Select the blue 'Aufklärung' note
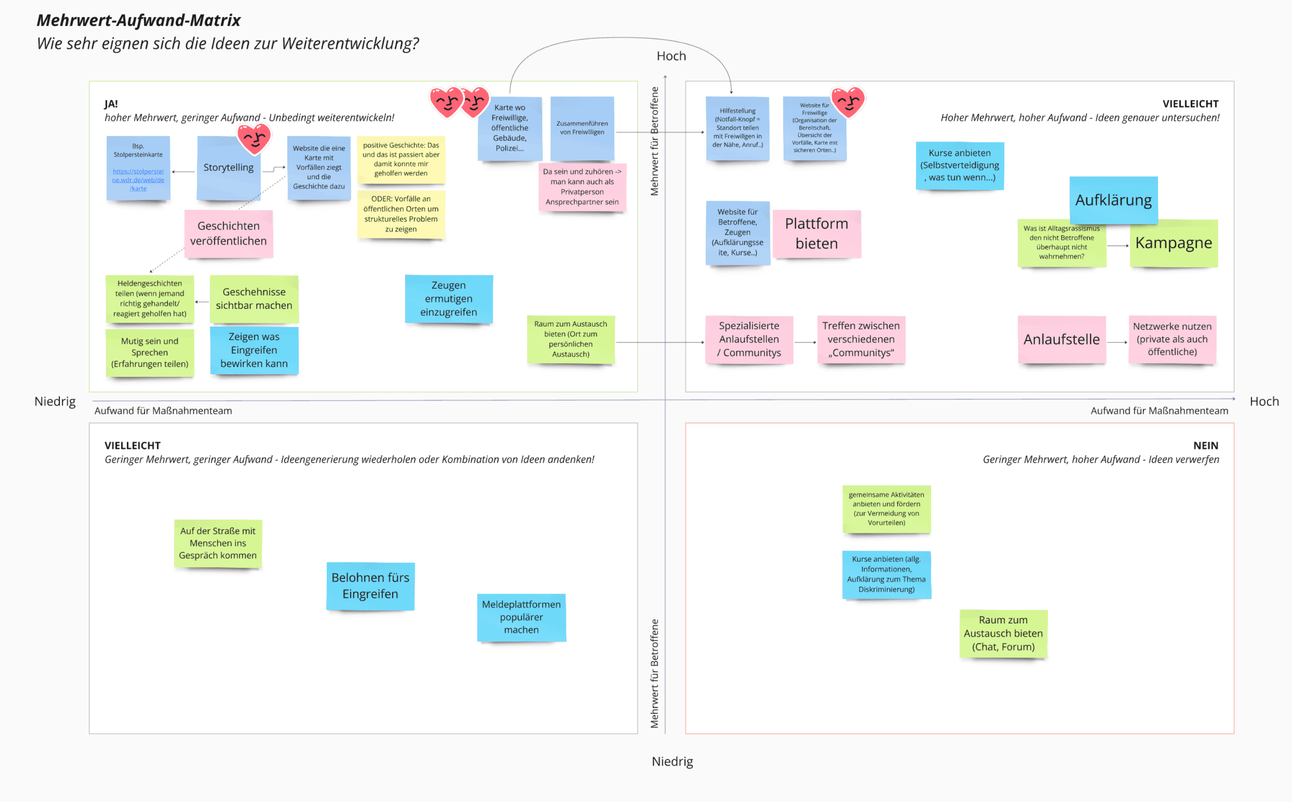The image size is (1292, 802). coord(1113,200)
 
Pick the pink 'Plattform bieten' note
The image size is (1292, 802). coord(816,234)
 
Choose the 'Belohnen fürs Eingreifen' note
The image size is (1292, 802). coord(370,586)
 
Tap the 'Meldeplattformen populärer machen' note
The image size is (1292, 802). coord(521,617)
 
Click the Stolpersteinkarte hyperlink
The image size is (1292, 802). coord(138,180)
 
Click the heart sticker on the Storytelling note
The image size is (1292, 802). coord(254,139)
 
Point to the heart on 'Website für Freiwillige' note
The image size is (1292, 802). coord(848,101)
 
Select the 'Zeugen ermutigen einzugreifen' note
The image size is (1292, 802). coord(448,298)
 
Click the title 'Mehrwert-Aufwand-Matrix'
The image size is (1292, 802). coord(138,20)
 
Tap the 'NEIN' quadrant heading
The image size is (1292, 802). coord(1205,446)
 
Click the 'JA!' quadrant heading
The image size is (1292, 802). coord(111,104)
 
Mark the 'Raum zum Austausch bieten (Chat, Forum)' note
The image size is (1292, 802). coord(1003,633)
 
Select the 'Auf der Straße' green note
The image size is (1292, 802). coord(218,543)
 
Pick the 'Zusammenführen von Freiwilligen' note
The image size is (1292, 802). coord(582,128)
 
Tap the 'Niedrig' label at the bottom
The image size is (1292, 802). coord(672,761)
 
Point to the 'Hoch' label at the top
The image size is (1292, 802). coord(671,56)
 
